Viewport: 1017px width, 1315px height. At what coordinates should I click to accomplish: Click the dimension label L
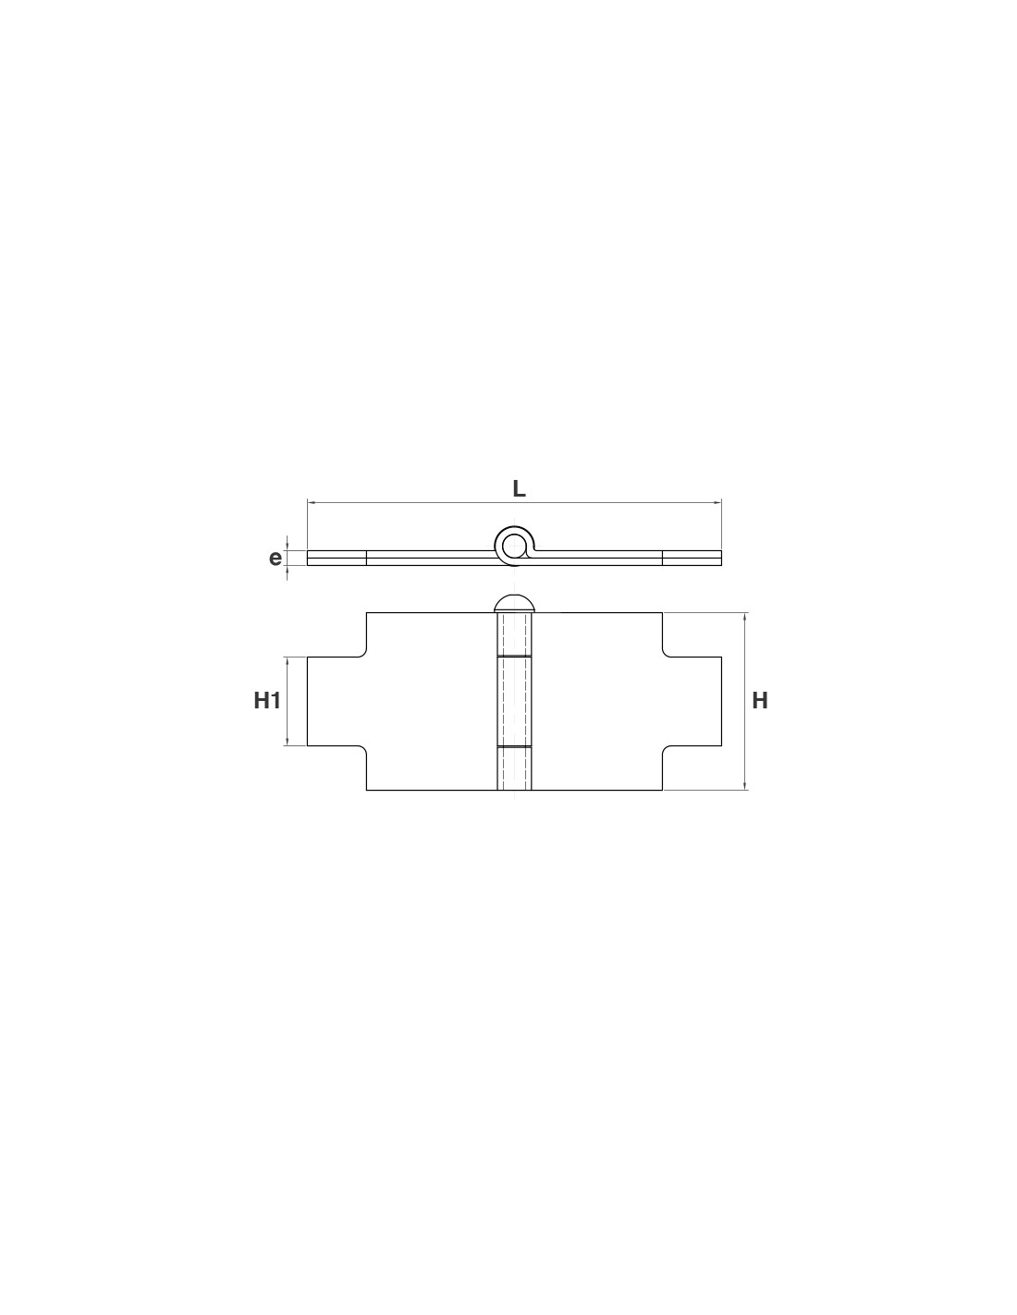pos(519,488)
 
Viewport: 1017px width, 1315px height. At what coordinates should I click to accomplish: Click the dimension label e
pos(276,558)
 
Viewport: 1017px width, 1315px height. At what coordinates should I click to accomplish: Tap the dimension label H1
pos(267,701)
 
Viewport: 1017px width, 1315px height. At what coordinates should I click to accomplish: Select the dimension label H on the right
pos(759,701)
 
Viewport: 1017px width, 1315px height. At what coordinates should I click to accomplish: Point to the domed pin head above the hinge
pos(514,603)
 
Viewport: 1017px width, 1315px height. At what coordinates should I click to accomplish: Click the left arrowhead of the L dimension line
pos(311,502)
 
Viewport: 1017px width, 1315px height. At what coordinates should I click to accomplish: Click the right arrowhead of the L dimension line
pos(717,502)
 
